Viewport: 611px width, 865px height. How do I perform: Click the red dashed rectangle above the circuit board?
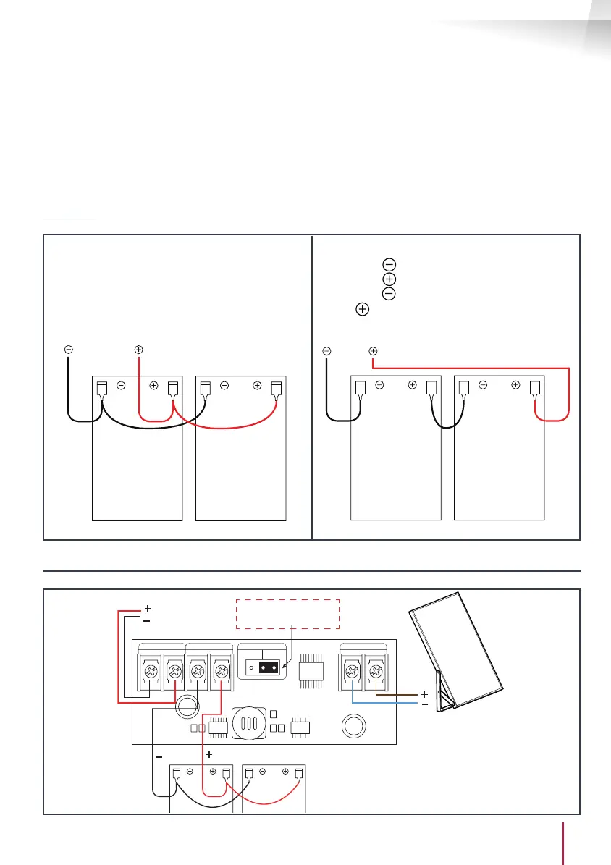(287, 614)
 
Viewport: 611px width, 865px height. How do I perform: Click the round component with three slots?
(248, 723)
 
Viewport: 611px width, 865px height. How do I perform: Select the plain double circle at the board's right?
(353, 724)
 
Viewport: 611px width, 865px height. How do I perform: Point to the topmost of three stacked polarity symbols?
(389, 265)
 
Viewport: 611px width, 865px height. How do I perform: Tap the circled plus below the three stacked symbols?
(362, 310)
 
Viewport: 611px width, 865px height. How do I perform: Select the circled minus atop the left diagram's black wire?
(68, 349)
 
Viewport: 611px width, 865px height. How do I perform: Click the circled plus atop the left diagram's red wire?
(138, 349)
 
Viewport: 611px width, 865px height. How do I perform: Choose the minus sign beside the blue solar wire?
(425, 704)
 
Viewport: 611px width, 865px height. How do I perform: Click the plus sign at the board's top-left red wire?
(147, 609)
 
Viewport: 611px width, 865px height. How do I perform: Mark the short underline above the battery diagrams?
(69, 217)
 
